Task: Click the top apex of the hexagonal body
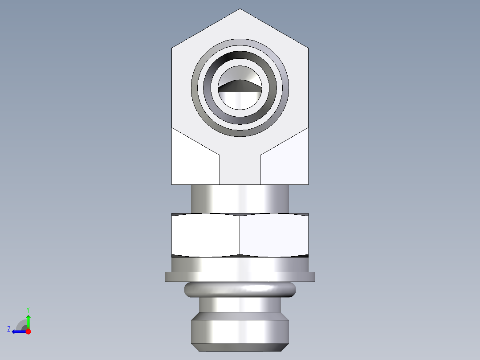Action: (240, 9)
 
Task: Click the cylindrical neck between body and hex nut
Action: (240, 199)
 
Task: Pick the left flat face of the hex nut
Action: (205, 235)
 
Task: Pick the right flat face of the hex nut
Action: (274, 235)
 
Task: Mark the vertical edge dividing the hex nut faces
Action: (240, 235)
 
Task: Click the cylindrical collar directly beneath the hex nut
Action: (240, 265)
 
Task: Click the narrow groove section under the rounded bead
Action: (240, 305)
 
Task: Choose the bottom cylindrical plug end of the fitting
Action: (240, 332)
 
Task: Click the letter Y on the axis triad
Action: (28, 309)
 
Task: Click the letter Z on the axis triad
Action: (9, 329)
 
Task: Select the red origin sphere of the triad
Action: (28, 331)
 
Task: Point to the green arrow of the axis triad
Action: (28, 321)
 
